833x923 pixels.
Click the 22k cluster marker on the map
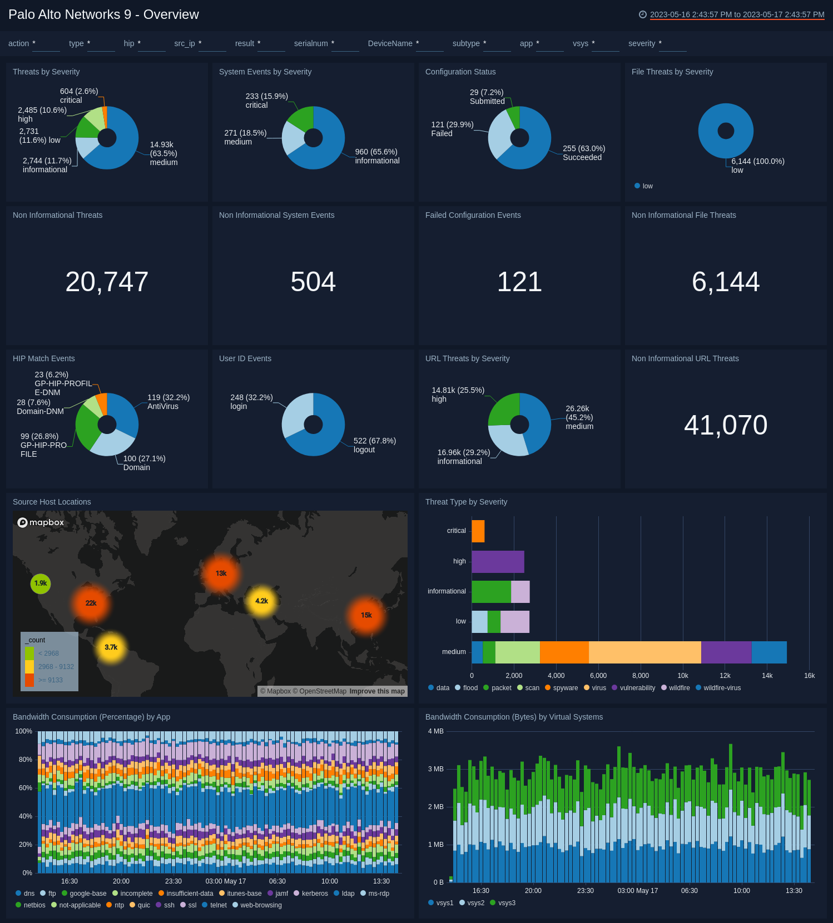click(x=91, y=603)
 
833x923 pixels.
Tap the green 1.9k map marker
click(x=41, y=583)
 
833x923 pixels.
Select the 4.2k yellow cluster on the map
click(x=261, y=601)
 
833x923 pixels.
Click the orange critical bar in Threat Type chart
click(x=478, y=531)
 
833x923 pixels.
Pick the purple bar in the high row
click(x=498, y=562)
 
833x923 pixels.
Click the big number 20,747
click(x=107, y=282)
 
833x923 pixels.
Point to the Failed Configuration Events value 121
click(x=519, y=282)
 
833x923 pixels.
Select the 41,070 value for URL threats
click(x=725, y=425)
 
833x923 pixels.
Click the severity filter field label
click(x=641, y=43)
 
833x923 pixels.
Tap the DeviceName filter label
click(x=390, y=43)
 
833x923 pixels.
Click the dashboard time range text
click(x=737, y=14)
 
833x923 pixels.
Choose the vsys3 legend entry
click(x=506, y=903)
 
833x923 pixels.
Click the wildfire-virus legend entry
click(x=721, y=688)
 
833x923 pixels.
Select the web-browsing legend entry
click(x=260, y=905)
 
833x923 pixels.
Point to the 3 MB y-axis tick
click(x=436, y=769)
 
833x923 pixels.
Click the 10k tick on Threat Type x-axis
click(x=682, y=676)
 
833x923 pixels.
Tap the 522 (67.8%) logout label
click(x=374, y=445)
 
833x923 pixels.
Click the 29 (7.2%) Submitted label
click(x=487, y=97)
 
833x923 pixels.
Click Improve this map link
click(x=377, y=691)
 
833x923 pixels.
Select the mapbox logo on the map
click(x=41, y=522)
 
